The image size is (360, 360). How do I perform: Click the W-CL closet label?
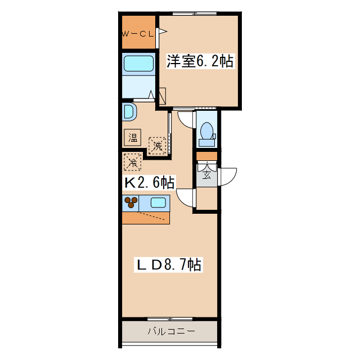click(x=138, y=34)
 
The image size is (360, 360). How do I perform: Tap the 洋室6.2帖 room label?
click(x=200, y=61)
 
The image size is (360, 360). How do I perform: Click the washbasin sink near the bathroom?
click(x=129, y=111)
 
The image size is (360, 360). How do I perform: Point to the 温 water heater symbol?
click(x=133, y=137)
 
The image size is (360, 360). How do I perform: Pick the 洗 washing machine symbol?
click(x=157, y=146)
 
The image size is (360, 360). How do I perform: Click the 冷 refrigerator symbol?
click(x=133, y=163)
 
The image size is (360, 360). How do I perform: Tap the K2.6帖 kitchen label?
click(x=148, y=182)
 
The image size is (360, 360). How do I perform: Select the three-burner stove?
click(x=130, y=202)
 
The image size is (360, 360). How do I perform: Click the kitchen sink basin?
click(x=158, y=202)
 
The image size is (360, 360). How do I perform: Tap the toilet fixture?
click(x=206, y=130)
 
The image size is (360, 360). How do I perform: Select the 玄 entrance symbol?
click(x=206, y=174)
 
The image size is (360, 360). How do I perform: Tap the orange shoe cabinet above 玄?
click(x=206, y=156)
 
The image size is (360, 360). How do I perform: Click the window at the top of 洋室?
click(x=195, y=13)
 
